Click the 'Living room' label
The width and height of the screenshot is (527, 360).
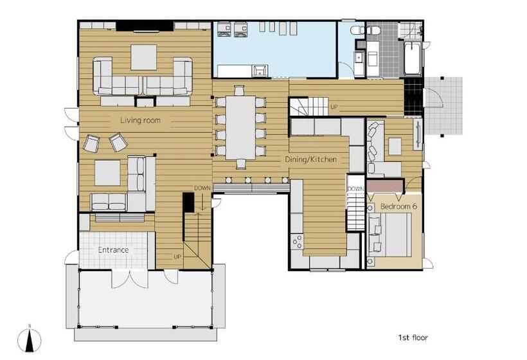click(140, 120)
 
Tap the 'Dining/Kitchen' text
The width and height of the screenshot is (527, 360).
click(310, 159)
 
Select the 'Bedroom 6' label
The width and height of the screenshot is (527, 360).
click(398, 206)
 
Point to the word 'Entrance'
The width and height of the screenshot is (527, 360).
click(113, 249)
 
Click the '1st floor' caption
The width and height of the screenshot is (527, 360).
click(413, 337)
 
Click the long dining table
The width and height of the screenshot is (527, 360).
click(240, 128)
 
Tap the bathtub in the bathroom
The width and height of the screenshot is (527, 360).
click(412, 59)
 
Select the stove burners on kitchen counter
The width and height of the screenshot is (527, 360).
click(298, 242)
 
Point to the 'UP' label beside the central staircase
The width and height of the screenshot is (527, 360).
click(334, 107)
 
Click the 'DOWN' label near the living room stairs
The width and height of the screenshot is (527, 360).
click(202, 188)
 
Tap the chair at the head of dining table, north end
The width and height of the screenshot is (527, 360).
click(239, 91)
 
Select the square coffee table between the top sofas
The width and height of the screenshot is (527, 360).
click(143, 57)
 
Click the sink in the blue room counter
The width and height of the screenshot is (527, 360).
click(260, 71)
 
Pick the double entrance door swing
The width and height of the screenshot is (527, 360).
click(129, 279)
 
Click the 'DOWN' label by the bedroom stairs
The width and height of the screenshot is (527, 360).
click(355, 189)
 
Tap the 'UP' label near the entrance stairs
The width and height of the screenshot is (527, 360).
click(177, 256)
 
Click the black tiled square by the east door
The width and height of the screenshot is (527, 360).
click(413, 97)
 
